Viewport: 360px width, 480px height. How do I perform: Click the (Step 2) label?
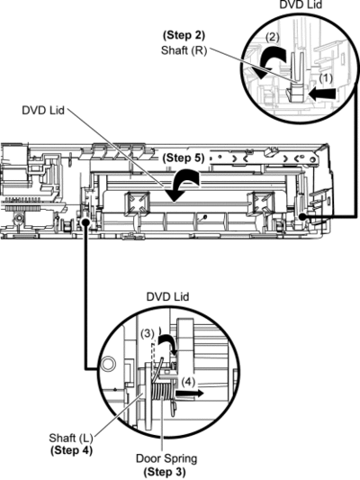(x=184, y=35)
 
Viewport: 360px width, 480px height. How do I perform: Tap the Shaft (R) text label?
(x=184, y=50)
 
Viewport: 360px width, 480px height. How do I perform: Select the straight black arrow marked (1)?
(x=323, y=93)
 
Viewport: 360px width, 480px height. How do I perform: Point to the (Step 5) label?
(x=184, y=158)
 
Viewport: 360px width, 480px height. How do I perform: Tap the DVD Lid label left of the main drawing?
(x=43, y=110)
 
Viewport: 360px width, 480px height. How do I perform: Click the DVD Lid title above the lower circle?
(x=168, y=296)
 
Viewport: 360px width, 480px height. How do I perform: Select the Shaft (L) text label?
(x=71, y=438)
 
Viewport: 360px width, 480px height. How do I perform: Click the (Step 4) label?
(x=71, y=450)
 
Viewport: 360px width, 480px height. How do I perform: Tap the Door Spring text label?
(x=166, y=458)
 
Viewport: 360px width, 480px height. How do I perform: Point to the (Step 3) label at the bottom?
(x=165, y=471)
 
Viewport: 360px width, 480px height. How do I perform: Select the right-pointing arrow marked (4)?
(x=189, y=394)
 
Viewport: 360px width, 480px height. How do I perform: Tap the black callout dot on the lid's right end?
(x=302, y=217)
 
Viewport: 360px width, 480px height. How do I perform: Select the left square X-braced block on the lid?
(x=137, y=203)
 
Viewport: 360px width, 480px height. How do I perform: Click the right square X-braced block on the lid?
(x=259, y=203)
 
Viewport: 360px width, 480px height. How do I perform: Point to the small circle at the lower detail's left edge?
(x=108, y=364)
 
